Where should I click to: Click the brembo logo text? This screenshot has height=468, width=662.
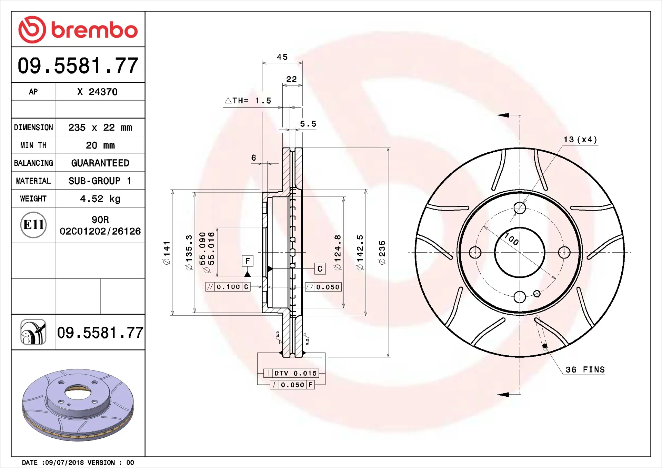point(94,30)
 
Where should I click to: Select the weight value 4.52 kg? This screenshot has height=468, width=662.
point(100,199)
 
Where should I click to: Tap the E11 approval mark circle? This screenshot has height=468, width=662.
point(33,225)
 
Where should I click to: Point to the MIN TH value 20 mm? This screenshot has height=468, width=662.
point(100,145)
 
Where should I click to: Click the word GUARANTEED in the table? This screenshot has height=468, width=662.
point(100,163)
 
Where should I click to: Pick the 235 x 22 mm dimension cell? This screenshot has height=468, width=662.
point(100,128)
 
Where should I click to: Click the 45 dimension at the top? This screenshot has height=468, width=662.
point(282,57)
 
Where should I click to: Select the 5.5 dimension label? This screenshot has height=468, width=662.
point(308,124)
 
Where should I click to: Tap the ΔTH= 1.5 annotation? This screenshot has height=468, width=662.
point(248,101)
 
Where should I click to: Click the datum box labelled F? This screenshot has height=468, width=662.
point(248,261)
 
